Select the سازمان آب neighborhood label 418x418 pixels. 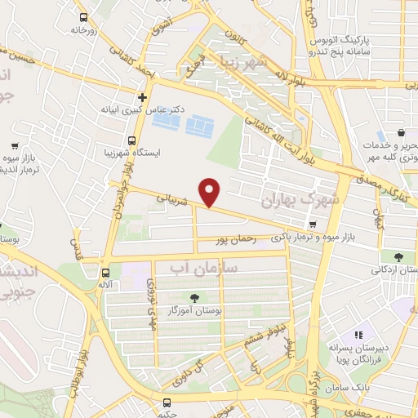(x=205, y=267)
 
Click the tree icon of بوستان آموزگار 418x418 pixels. (x=194, y=298)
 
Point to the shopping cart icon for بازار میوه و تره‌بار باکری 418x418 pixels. (x=312, y=225)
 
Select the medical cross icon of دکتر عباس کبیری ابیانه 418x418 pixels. (x=142, y=97)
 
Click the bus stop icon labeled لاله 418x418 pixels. (x=105, y=273)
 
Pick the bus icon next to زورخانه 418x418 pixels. (x=83, y=17)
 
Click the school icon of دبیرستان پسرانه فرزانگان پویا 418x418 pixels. (x=358, y=335)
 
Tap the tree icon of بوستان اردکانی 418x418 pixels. (x=398, y=257)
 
